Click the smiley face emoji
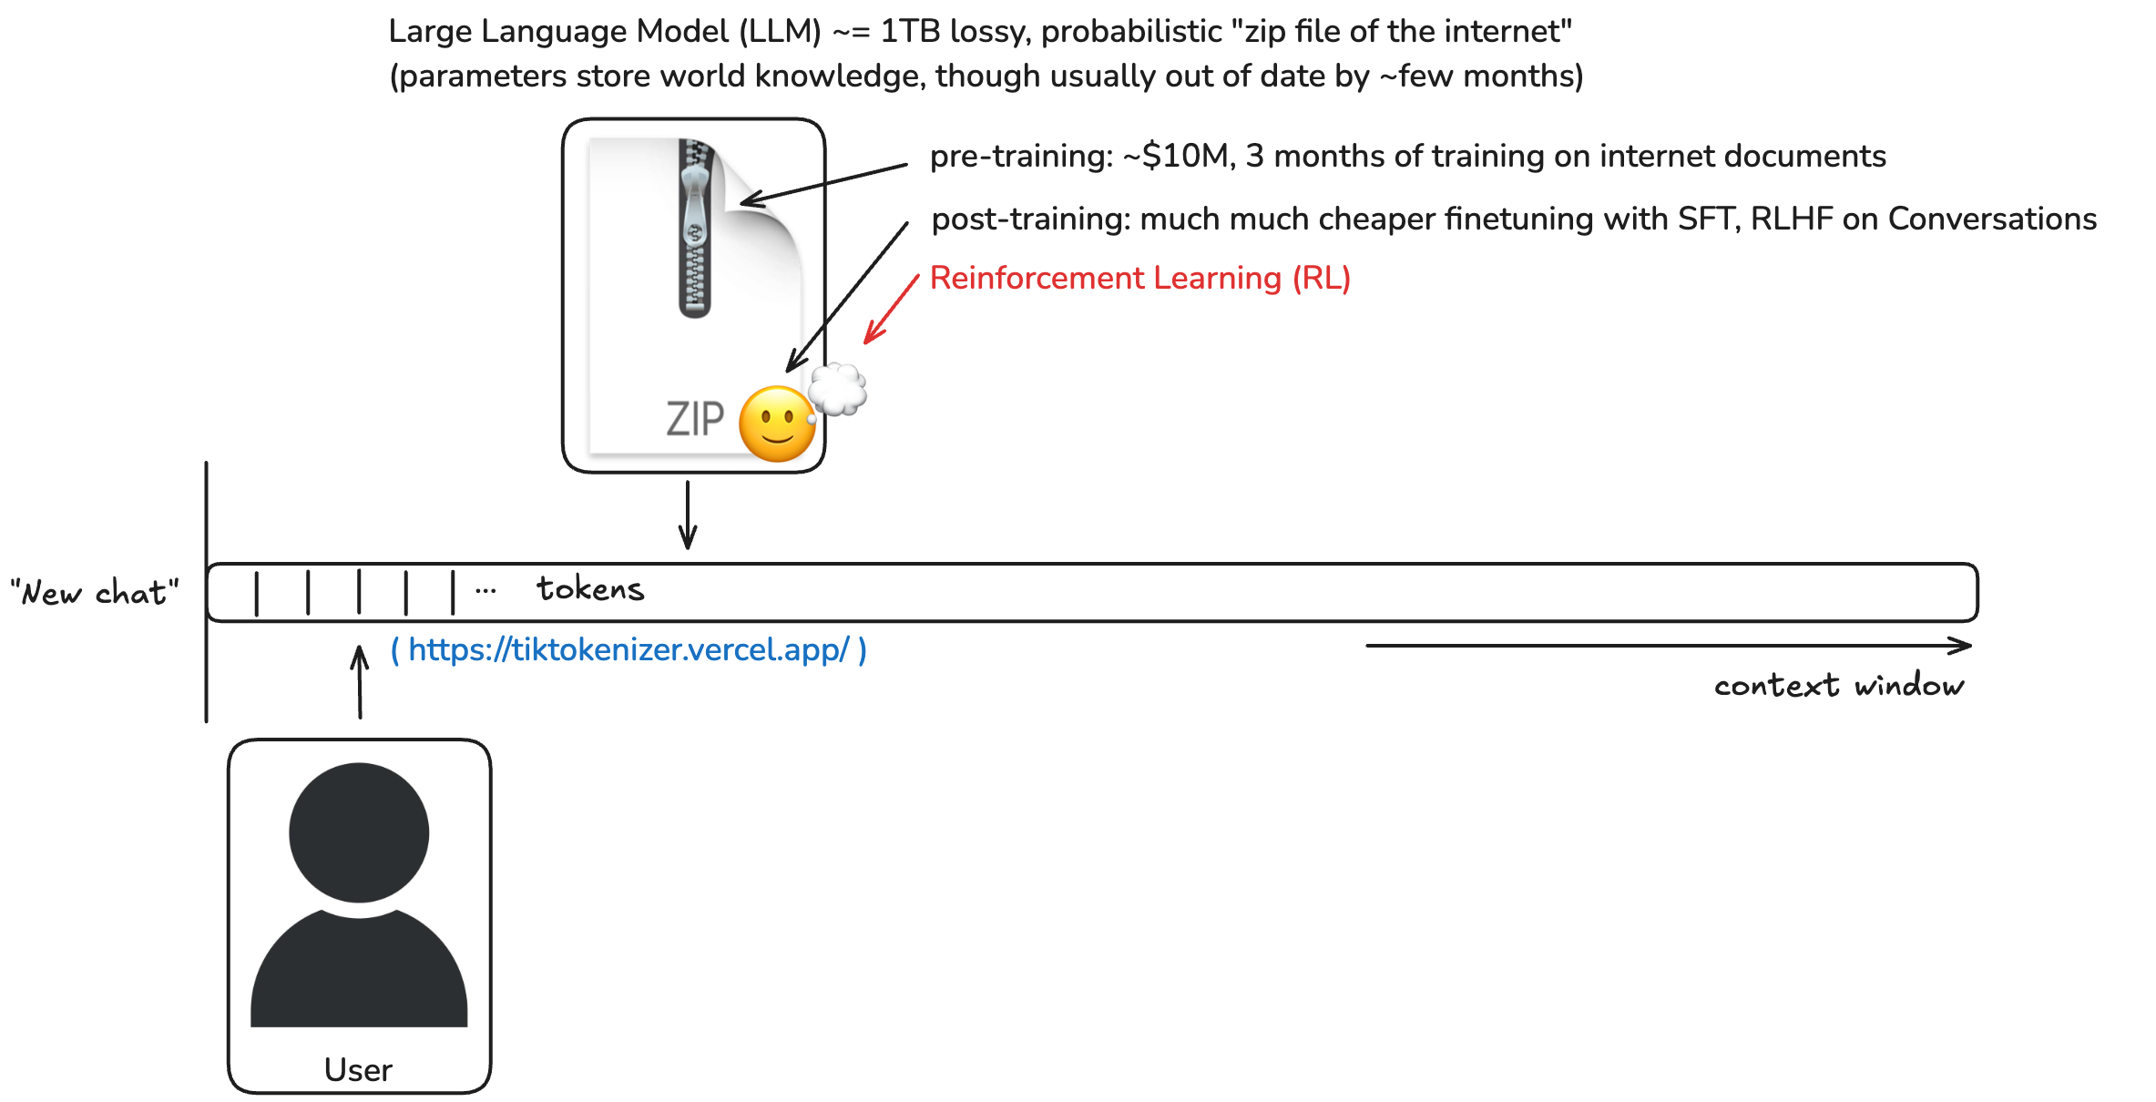tap(777, 423)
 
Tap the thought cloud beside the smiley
tap(837, 389)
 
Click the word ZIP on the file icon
tap(695, 419)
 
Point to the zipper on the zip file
tap(695, 228)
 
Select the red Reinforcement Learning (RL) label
tap(1139, 278)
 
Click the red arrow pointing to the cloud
tap(891, 310)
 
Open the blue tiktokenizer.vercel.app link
tap(628, 649)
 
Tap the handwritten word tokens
tap(590, 589)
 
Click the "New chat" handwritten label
tap(94, 593)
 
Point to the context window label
tap(1839, 685)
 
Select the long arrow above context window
tap(1669, 646)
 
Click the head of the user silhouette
tap(359, 832)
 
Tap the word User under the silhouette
tap(358, 1069)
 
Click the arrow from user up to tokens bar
tap(360, 682)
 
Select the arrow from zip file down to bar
tap(688, 515)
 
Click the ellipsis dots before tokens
tap(485, 591)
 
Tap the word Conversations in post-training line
tap(1992, 219)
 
